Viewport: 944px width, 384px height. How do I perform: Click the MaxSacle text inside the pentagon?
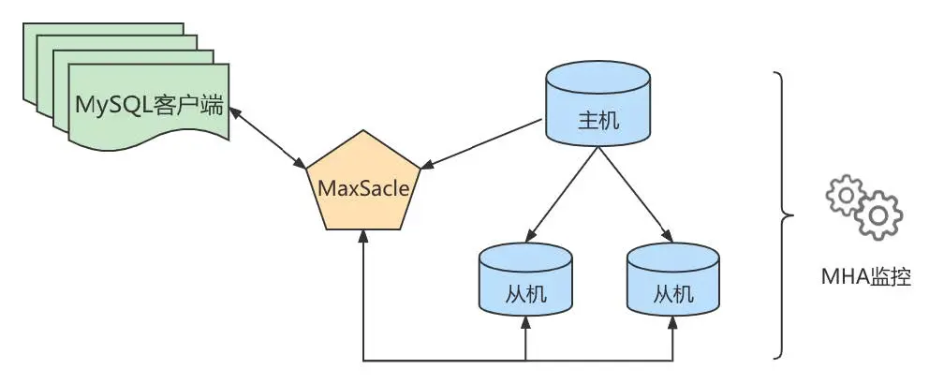tap(363, 187)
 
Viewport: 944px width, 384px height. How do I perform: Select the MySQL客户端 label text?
tap(149, 104)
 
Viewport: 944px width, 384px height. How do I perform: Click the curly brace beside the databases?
tap(781, 215)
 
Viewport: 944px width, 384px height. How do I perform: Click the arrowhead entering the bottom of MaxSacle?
tap(363, 239)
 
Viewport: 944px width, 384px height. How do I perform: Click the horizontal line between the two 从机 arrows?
tap(599, 360)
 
